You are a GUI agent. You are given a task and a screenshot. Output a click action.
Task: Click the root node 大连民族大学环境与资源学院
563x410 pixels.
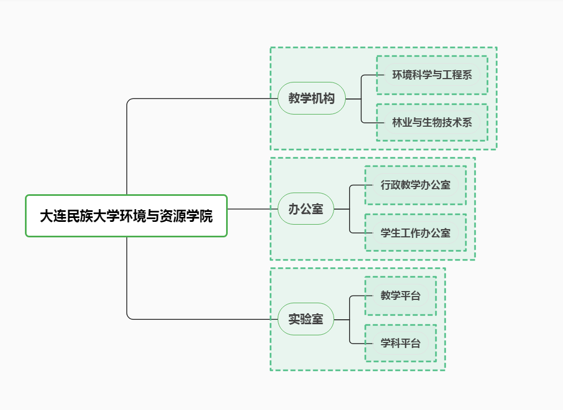pos(126,216)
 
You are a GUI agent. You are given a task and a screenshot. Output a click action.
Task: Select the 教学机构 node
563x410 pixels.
pos(311,98)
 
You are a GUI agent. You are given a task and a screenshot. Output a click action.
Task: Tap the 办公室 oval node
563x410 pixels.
pos(306,209)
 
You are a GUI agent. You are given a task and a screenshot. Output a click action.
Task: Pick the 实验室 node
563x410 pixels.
pos(306,319)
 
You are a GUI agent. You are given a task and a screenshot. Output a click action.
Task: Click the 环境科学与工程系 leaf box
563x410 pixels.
pos(432,75)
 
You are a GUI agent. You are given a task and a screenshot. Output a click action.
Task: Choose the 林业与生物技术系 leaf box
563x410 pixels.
pos(432,122)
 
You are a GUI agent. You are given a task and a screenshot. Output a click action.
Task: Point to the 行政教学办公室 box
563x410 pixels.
pos(416,185)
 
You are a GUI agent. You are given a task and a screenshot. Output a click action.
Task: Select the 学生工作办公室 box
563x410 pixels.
pos(416,233)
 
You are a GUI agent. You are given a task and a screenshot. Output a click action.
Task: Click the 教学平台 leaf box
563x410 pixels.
pos(401,296)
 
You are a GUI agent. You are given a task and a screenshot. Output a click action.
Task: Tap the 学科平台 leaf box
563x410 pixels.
pos(401,344)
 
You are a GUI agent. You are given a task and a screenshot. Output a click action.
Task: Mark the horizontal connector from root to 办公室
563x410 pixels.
pos(252,209)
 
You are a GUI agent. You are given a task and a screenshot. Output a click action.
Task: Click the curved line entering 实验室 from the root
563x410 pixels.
pos(199,319)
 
